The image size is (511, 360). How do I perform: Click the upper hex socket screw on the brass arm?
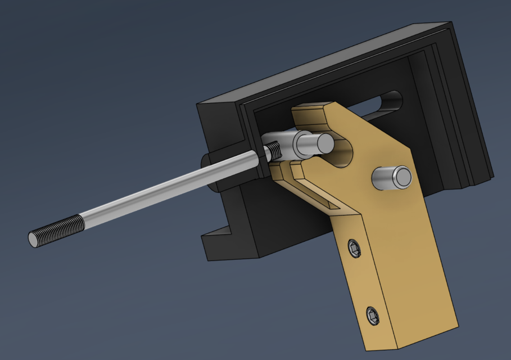(x=354, y=248)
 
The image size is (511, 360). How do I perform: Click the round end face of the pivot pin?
(x=403, y=177)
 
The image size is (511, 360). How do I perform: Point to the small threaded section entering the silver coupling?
(x=274, y=150)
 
